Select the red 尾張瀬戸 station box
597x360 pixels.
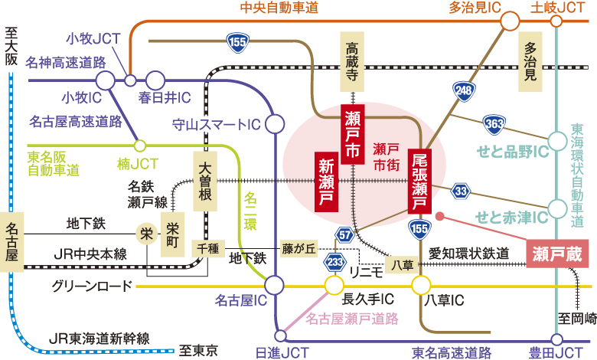(419, 181)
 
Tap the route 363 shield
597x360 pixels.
(494, 123)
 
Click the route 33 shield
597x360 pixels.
(462, 190)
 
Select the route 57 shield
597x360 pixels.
(344, 234)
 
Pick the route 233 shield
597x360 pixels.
(334, 262)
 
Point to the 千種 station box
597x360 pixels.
(207, 247)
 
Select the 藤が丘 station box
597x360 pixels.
(298, 247)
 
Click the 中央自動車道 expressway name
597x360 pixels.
(279, 8)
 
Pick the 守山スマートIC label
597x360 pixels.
(217, 122)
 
